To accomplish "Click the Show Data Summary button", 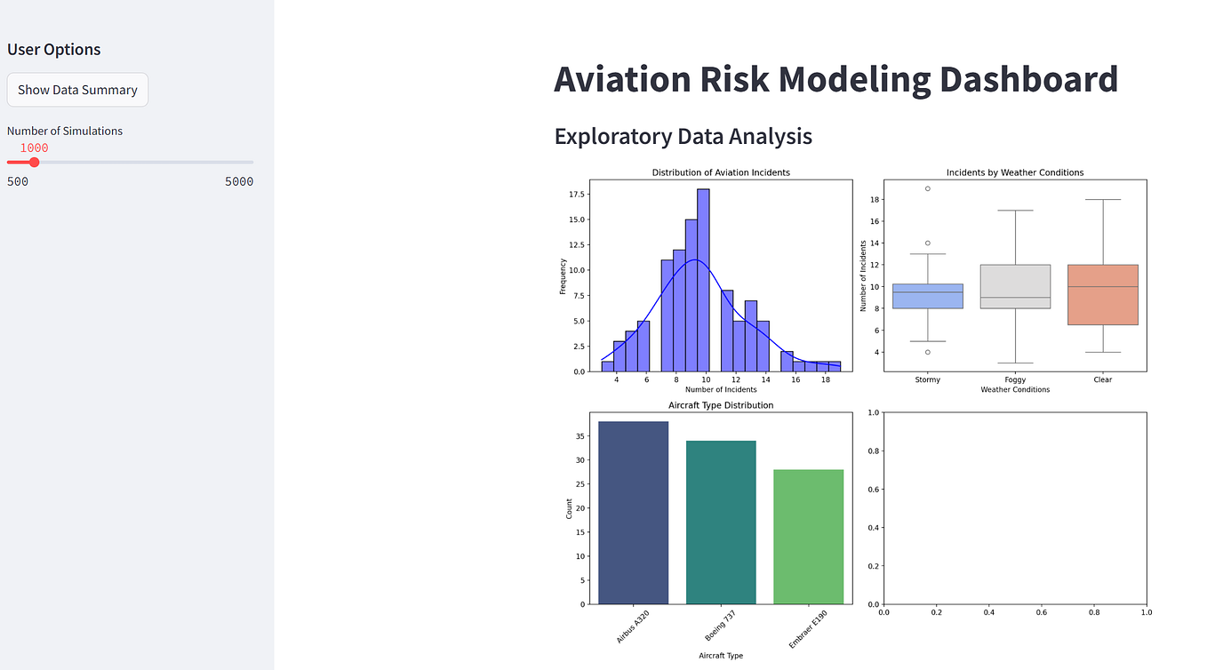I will pyautogui.click(x=77, y=90).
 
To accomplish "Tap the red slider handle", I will pyautogui.click(x=35, y=162).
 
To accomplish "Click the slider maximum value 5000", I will pyautogui.click(x=238, y=182).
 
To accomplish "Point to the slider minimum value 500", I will pyautogui.click(x=18, y=182).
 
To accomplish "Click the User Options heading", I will pyautogui.click(x=54, y=50).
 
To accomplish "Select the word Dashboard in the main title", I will pyautogui.click(x=1028, y=79).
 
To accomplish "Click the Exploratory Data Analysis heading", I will pyautogui.click(x=683, y=136).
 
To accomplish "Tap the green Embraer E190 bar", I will pyautogui.click(x=808, y=537).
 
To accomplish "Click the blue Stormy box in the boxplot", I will pyautogui.click(x=927, y=296).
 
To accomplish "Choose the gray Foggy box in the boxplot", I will pyautogui.click(x=1014, y=286).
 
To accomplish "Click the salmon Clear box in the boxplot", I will pyautogui.click(x=1102, y=294).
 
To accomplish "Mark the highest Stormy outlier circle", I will pyautogui.click(x=927, y=188).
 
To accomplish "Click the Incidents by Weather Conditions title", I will pyautogui.click(x=1014, y=172).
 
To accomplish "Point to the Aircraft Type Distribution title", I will pyautogui.click(x=721, y=405).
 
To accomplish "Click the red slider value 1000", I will pyautogui.click(x=34, y=148).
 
